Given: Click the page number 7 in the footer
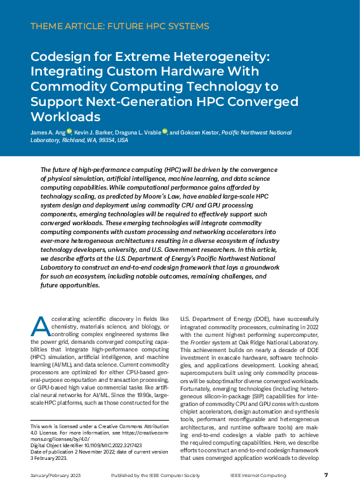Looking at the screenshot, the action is [326, 475].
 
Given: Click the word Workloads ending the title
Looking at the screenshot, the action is [65, 117].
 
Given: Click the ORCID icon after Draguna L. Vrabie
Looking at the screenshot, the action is [164, 132].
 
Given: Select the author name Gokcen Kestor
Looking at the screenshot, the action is [199, 133].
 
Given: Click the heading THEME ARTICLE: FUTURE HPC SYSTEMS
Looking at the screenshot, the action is [119, 27].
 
